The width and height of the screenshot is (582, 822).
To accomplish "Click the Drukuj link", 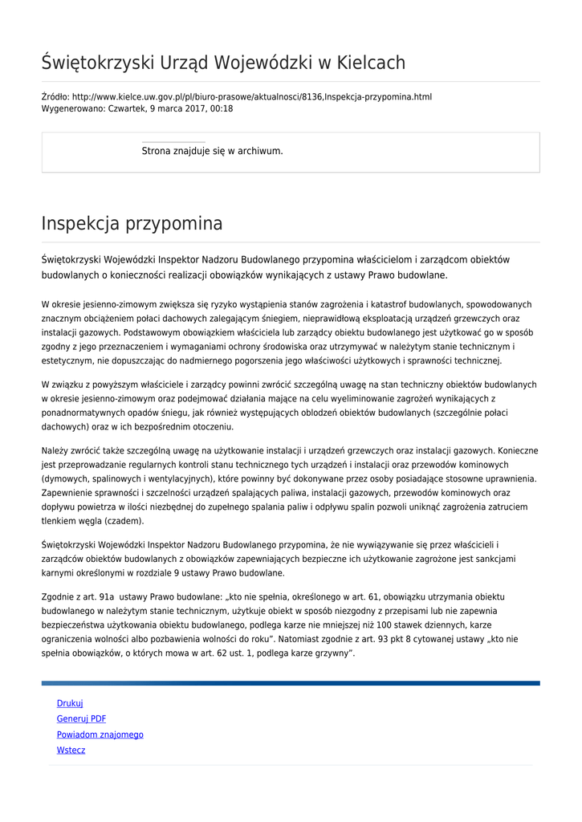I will [x=70, y=703].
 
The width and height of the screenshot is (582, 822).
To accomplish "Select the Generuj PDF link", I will [x=81, y=719].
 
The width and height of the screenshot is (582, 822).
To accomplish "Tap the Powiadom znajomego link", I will [x=100, y=735].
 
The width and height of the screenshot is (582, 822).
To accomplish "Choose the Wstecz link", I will [x=71, y=751].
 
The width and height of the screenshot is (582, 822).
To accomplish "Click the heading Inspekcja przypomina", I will [x=132, y=223].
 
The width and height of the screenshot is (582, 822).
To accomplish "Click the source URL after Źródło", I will [x=251, y=97].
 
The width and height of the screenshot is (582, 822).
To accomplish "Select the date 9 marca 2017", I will [x=177, y=108].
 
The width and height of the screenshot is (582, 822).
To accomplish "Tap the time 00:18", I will [x=222, y=108].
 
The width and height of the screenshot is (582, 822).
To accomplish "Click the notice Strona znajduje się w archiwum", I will [x=212, y=151].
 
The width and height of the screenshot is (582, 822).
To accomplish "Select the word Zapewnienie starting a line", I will [x=69, y=493].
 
